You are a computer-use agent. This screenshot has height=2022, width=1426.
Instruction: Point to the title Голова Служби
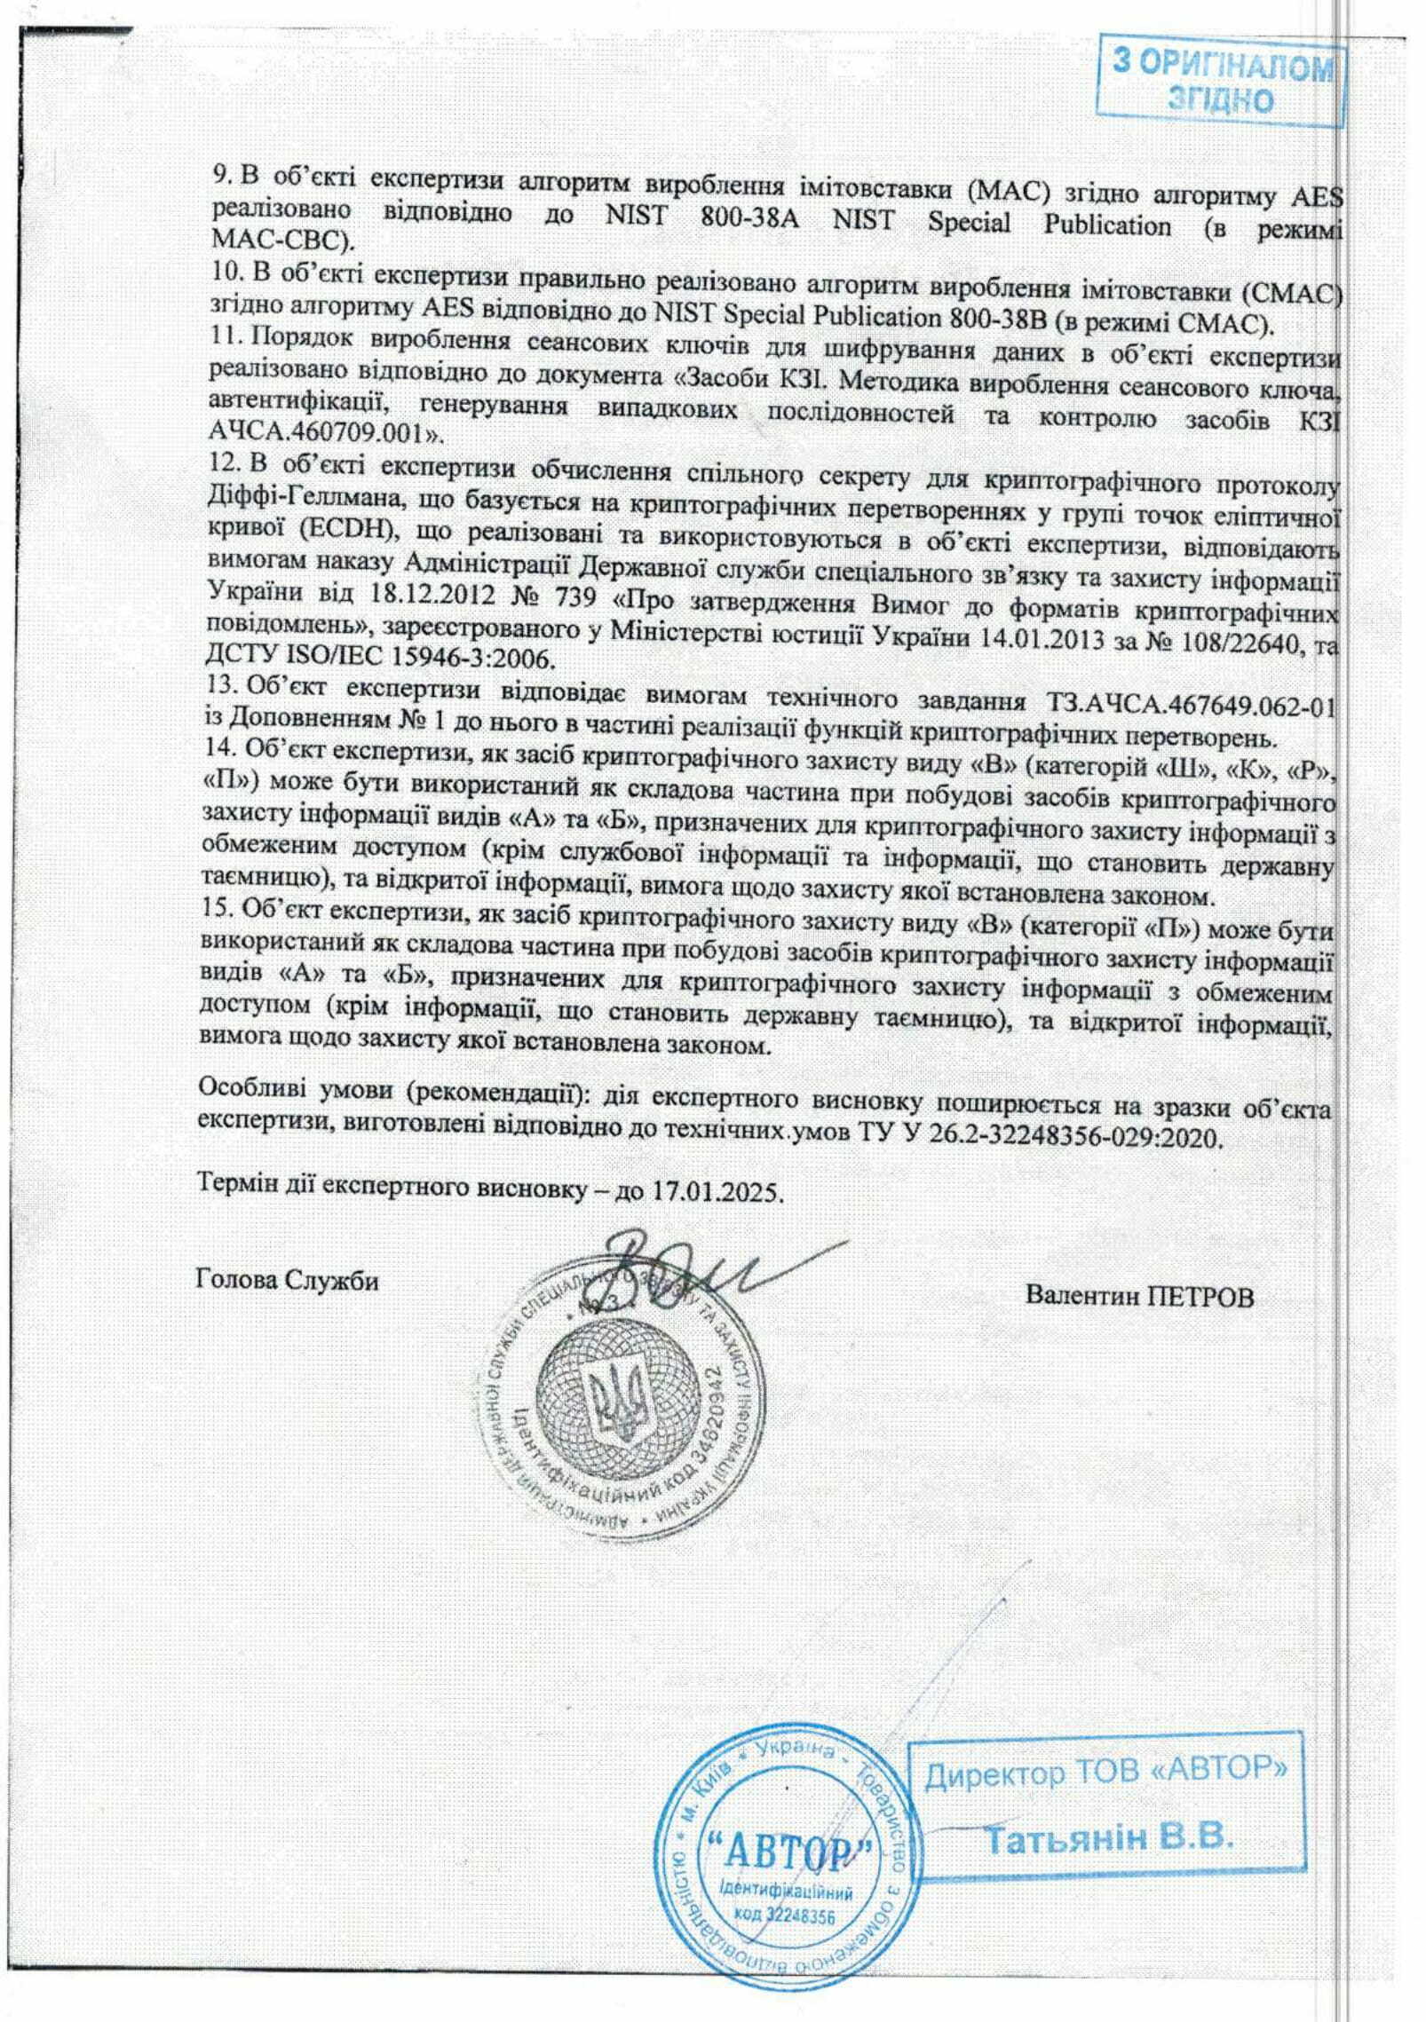point(285,1281)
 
